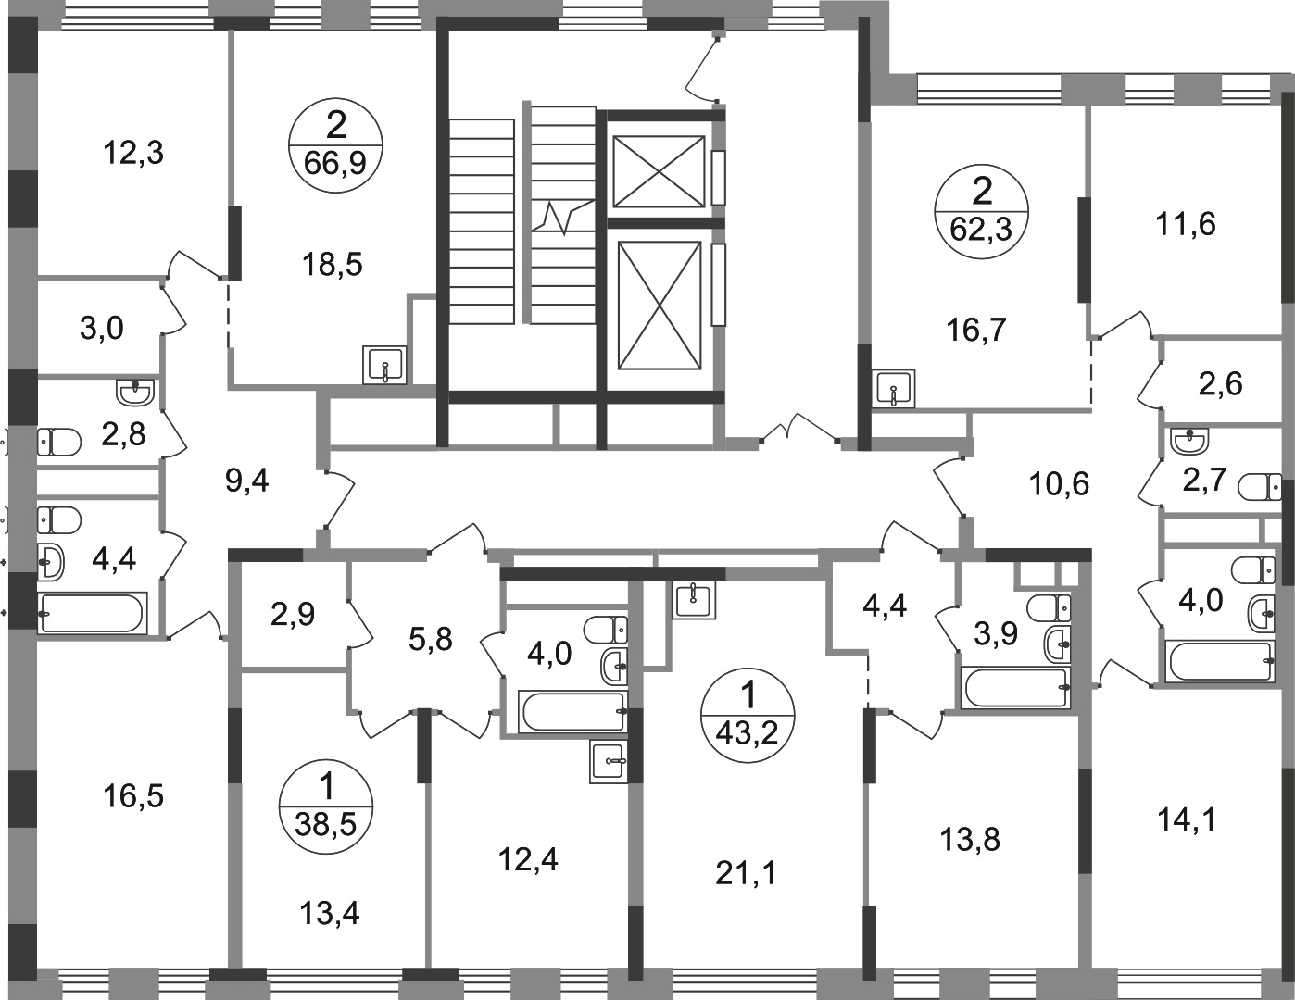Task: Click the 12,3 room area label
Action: click(133, 153)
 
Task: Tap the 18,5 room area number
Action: click(333, 264)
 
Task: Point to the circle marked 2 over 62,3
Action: click(981, 212)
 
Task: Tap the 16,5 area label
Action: click(132, 797)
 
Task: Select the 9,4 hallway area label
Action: click(247, 481)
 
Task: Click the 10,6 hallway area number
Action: click(1060, 483)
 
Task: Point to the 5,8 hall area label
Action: click(431, 640)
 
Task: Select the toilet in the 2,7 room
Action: click(1259, 487)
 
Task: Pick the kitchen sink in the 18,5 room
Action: click(385, 365)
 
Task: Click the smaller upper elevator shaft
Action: click(660, 171)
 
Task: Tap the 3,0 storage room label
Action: click(101, 328)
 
